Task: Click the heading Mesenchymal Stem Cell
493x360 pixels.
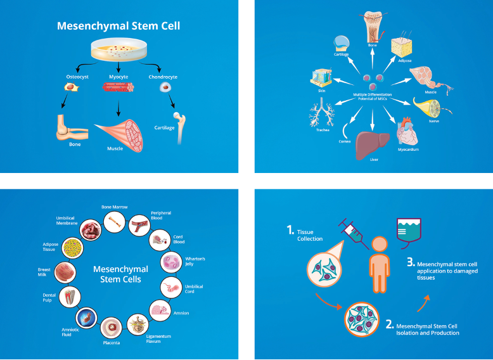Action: pyautogui.click(x=118, y=27)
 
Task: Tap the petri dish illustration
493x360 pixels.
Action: pyautogui.click(x=118, y=49)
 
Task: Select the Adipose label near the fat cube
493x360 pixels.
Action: pyautogui.click(x=404, y=61)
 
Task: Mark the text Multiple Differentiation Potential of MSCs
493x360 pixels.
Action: pyautogui.click(x=373, y=96)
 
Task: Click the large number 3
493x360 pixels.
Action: pyautogui.click(x=410, y=262)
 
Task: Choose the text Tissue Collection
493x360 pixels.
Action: pyautogui.click(x=310, y=236)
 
